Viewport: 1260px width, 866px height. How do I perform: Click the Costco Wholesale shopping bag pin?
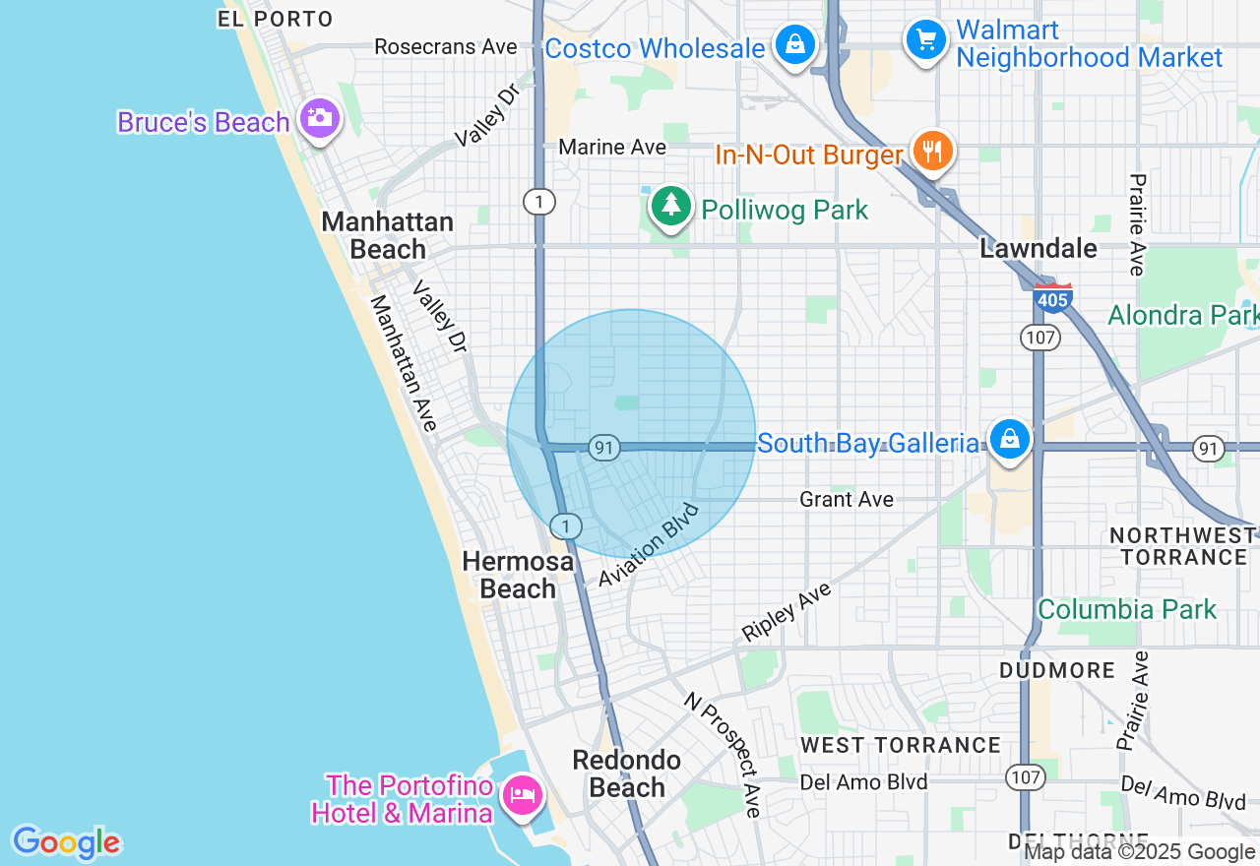pyautogui.click(x=793, y=45)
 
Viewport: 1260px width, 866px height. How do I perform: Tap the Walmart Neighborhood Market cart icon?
pyautogui.click(x=925, y=40)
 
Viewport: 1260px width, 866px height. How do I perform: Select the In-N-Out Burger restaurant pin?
pyautogui.click(x=931, y=152)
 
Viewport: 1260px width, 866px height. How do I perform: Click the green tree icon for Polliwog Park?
pyautogui.click(x=670, y=207)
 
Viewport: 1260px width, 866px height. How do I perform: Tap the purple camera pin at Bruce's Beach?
pyautogui.click(x=319, y=119)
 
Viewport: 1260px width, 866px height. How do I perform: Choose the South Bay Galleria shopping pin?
pyautogui.click(x=1009, y=440)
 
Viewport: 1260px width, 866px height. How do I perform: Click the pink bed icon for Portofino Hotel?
pyautogui.click(x=522, y=795)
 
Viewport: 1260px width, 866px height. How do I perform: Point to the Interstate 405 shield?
pyautogui.click(x=1052, y=298)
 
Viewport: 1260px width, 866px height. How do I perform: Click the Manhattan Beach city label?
pyautogui.click(x=388, y=236)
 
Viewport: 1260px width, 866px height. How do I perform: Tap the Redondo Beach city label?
pyautogui.click(x=627, y=773)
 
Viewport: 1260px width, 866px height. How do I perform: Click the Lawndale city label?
pyautogui.click(x=1039, y=249)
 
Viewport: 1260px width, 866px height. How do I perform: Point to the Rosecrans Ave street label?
pyautogui.click(x=446, y=47)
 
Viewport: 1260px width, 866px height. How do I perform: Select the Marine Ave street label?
pyautogui.click(x=612, y=148)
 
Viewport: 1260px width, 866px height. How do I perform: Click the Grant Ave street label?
pyautogui.click(x=847, y=500)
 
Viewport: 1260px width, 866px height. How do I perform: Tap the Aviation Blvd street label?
pyautogui.click(x=649, y=546)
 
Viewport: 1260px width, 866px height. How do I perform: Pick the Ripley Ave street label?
pyautogui.click(x=787, y=612)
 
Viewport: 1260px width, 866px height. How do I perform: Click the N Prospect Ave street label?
pyautogui.click(x=724, y=755)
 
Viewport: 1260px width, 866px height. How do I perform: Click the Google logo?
pyautogui.click(x=66, y=842)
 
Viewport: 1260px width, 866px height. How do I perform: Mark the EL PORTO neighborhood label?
pyautogui.click(x=276, y=19)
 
